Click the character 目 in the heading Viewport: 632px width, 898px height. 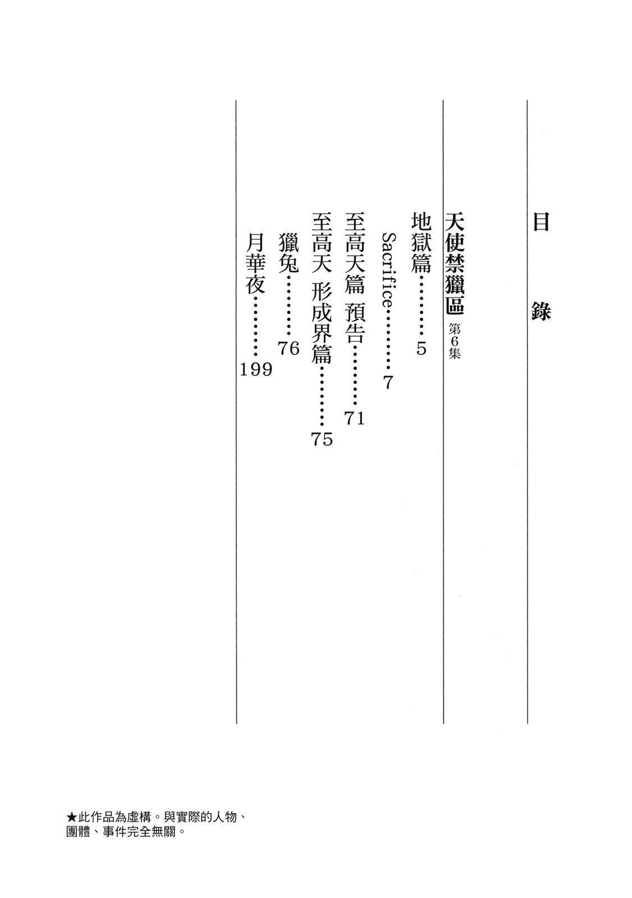click(x=540, y=223)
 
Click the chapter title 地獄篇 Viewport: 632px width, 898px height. click(x=422, y=242)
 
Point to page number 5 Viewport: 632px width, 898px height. click(x=422, y=349)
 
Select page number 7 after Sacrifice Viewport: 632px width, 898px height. click(x=388, y=383)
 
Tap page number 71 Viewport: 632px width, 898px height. click(x=355, y=418)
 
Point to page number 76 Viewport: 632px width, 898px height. click(x=288, y=349)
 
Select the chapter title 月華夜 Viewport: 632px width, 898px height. click(x=255, y=263)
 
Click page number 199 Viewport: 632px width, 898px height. click(x=255, y=369)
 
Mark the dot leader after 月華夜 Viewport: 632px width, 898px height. click(x=255, y=327)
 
